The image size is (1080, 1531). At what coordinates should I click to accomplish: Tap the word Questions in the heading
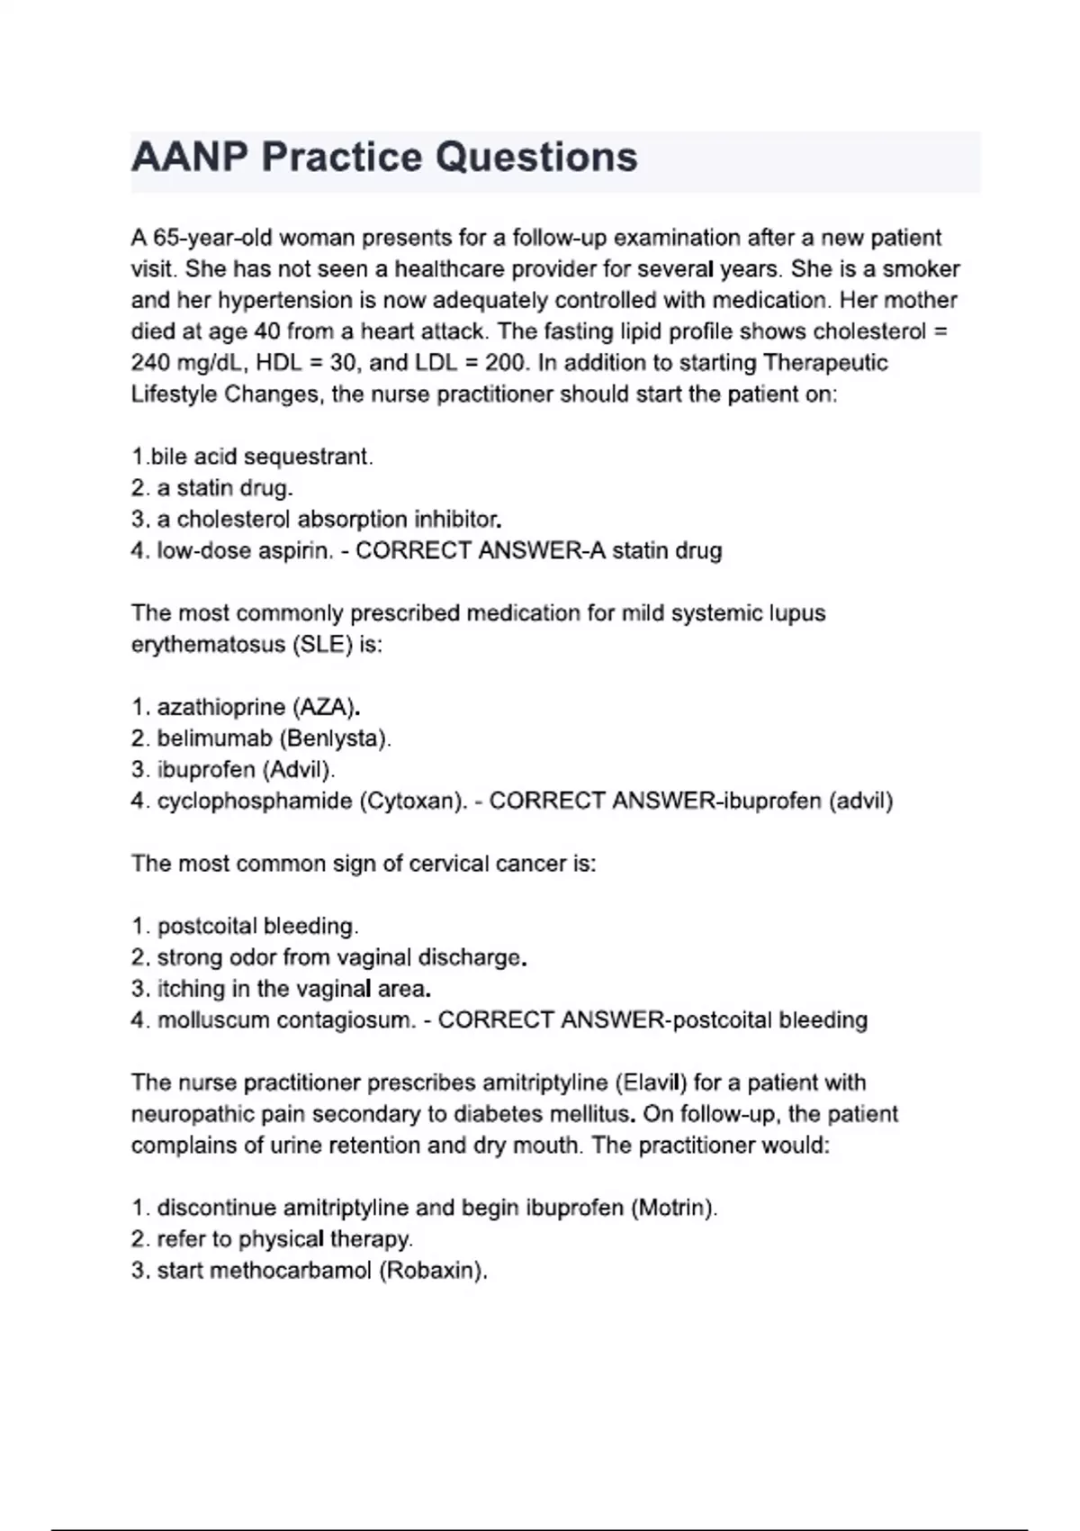pos(536,158)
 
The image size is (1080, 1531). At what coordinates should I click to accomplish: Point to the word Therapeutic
pos(824,363)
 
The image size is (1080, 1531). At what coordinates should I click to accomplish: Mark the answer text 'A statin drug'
pos(655,550)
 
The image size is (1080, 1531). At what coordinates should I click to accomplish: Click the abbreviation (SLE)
pos(322,645)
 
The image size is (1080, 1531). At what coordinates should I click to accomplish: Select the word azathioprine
pos(220,707)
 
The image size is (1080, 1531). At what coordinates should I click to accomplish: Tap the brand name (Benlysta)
pos(335,738)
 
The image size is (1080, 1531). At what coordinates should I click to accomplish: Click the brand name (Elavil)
pos(651,1083)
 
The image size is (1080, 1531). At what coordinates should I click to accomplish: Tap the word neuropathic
pos(193,1114)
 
